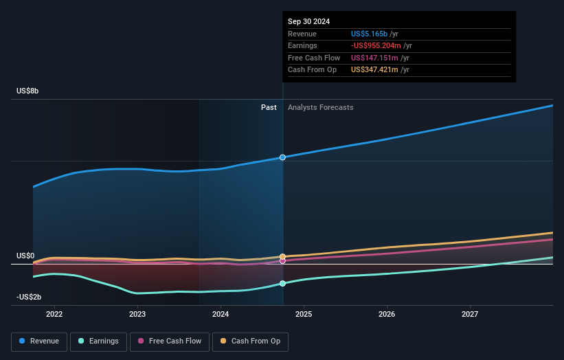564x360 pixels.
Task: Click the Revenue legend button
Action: pos(40,341)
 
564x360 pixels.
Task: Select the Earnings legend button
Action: pos(98,341)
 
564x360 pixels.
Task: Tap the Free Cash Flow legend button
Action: pos(170,341)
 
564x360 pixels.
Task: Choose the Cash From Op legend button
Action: pos(250,341)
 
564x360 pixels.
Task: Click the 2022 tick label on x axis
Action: pos(54,314)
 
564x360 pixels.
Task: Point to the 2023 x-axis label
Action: pos(137,314)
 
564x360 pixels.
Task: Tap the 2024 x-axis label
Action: pos(221,314)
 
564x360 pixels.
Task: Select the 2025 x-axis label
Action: pos(304,314)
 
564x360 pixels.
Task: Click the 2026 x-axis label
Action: pos(387,314)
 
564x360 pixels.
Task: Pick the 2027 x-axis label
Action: pos(470,314)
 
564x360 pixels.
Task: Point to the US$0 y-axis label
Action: pos(25,256)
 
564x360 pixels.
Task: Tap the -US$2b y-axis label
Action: pos(28,297)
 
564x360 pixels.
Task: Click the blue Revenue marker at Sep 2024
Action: pos(282,157)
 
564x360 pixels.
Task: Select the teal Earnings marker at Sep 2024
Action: pos(282,283)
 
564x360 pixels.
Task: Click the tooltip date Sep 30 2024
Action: pos(308,21)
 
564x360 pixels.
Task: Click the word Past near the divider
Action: pos(269,107)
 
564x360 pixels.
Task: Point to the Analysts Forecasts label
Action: pos(321,107)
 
